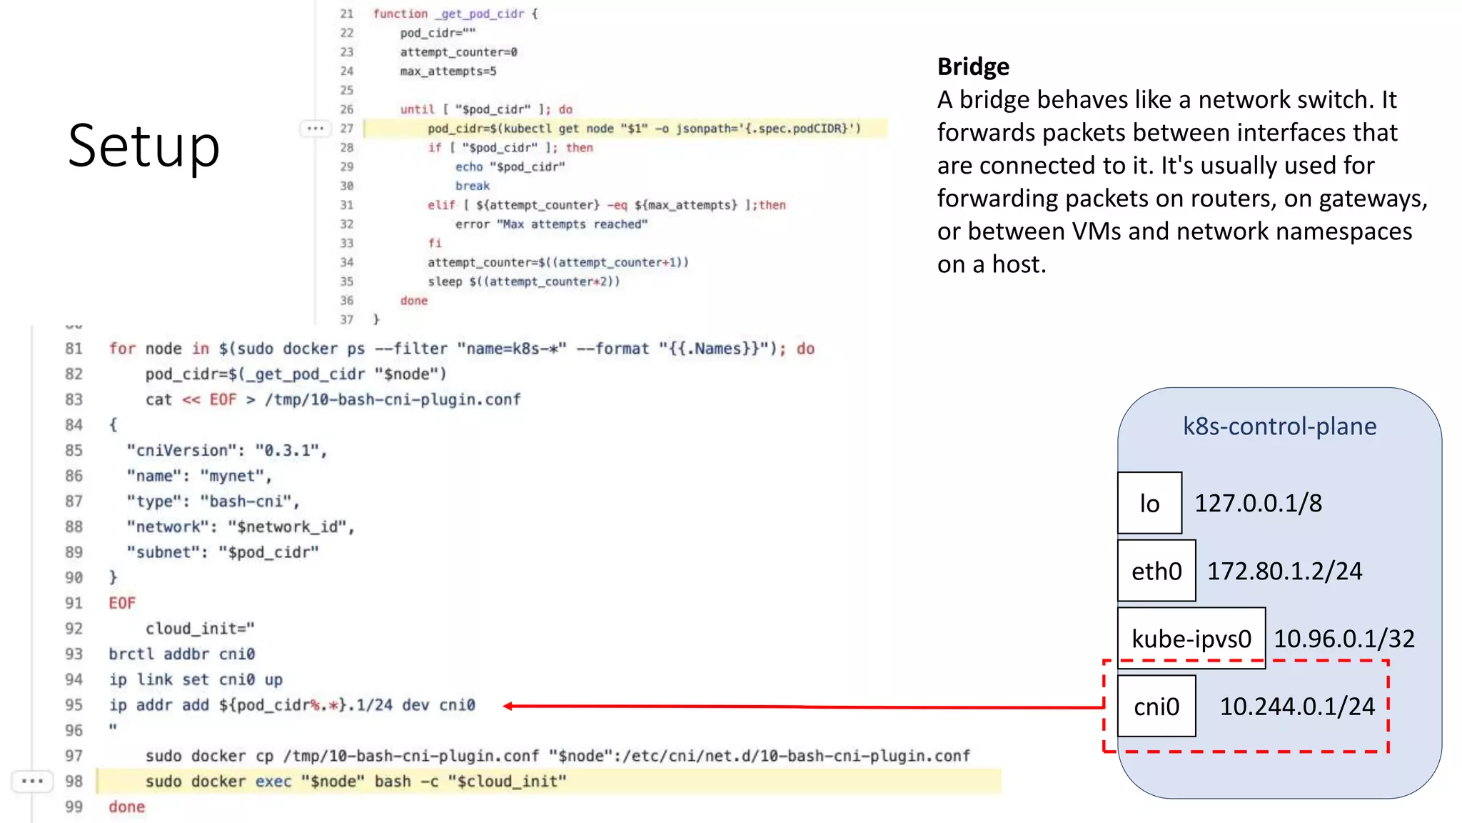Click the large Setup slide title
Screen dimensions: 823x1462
(x=143, y=146)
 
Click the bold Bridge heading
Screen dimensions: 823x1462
(x=973, y=66)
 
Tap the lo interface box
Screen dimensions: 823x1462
(x=1149, y=503)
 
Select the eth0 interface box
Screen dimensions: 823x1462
(x=1156, y=571)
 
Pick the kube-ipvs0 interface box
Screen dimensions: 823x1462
(x=1191, y=638)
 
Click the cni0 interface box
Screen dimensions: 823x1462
(x=1156, y=707)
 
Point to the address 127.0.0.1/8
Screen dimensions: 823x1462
(x=1258, y=503)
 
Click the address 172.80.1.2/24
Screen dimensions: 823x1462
(x=1284, y=571)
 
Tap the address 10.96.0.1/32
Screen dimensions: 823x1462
(x=1343, y=639)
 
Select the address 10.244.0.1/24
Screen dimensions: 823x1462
(x=1296, y=707)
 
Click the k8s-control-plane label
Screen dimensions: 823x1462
(x=1279, y=426)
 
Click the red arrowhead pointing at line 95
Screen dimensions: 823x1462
(x=508, y=706)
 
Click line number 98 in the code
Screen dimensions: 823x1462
(x=74, y=781)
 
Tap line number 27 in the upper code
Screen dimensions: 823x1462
(x=347, y=129)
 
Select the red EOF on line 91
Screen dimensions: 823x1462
(x=122, y=603)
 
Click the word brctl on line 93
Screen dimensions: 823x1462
(x=131, y=654)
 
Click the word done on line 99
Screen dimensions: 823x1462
(x=126, y=807)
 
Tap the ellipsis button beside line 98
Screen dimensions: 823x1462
(x=33, y=781)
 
